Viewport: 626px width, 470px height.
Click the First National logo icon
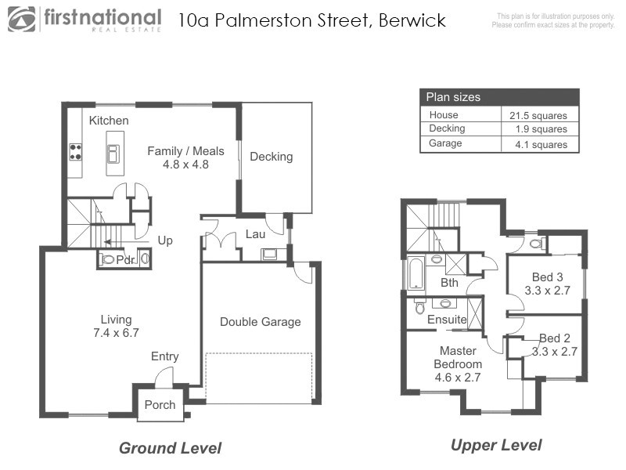point(23,19)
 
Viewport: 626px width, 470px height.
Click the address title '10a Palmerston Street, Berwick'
point(312,20)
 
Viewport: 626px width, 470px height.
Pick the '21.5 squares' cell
point(538,115)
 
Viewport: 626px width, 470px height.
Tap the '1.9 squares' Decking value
point(538,129)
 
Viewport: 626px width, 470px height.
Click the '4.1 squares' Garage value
point(538,144)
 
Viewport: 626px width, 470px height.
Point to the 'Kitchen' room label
point(109,121)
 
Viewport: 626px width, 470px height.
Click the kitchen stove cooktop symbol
point(76,150)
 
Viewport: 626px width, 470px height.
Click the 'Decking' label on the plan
point(271,157)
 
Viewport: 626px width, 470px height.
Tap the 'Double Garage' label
point(260,322)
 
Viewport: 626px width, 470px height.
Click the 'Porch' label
point(160,405)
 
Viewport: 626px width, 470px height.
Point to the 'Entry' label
point(165,356)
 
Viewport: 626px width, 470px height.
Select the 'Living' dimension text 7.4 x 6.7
point(116,332)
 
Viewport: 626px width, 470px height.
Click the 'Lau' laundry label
point(255,233)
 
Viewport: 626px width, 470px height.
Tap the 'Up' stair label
point(165,240)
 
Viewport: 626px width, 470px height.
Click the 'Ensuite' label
point(447,320)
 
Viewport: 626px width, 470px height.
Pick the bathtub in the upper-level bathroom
point(413,274)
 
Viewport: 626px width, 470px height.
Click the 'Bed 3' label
point(547,277)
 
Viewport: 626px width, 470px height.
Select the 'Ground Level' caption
point(170,448)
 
